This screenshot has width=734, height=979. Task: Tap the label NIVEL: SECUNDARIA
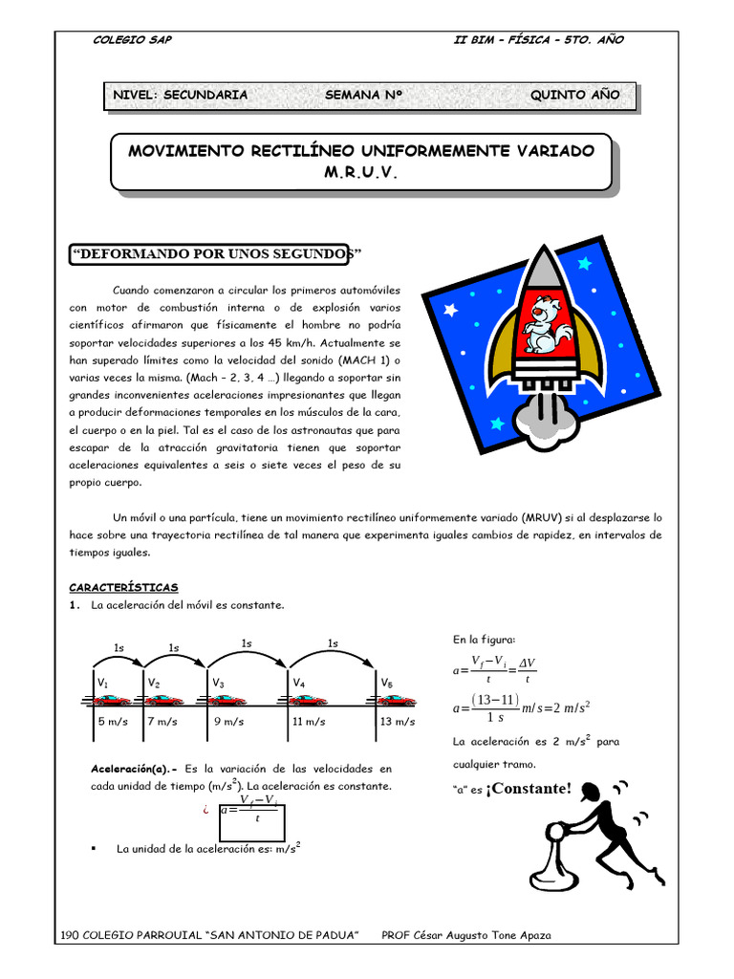coord(180,95)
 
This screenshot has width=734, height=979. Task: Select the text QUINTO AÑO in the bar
coord(574,95)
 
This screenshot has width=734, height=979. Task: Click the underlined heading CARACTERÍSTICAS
coord(123,587)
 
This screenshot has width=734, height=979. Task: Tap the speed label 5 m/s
coord(113,722)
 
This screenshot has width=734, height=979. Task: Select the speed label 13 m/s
coord(396,722)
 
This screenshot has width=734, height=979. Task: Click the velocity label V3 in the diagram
coord(218,684)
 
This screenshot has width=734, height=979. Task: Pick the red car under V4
coord(308,701)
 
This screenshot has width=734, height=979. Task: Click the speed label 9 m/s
coord(227,722)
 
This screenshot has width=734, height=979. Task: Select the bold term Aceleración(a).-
coord(133,768)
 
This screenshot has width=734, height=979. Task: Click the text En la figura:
coord(484,639)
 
